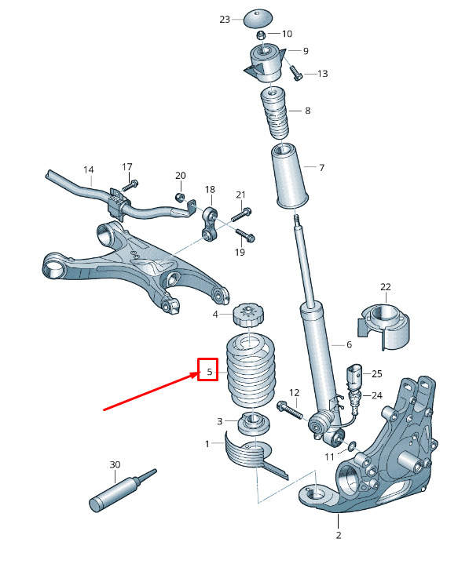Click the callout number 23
pos(225,20)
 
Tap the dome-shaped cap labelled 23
pos(258,18)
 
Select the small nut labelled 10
pos(261,35)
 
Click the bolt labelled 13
pos(295,73)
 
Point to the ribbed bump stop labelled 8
pos(275,113)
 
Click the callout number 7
pos(321,167)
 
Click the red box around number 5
pos(208,369)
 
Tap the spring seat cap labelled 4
pos(248,315)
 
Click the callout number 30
pos(115,464)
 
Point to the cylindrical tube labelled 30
pos(123,490)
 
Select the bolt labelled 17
pos(130,186)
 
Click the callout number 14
pos(89,169)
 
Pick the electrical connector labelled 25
pos(353,377)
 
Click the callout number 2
pos(339,535)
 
